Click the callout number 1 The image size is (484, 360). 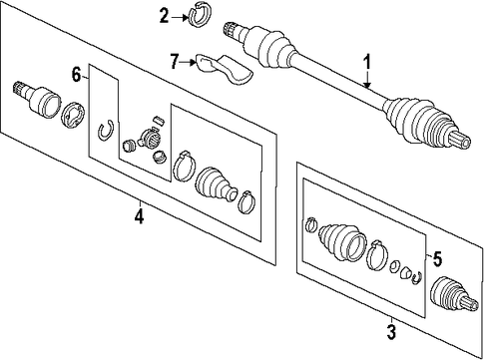366,63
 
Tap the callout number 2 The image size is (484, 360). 164,16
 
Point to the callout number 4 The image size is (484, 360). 140,216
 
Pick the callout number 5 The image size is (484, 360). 437,259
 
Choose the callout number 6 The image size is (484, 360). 77,75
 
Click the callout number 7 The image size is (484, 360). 175,61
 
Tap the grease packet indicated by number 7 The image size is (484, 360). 224,68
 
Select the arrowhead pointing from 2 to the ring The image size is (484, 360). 186,17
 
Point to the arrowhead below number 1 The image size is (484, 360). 367,85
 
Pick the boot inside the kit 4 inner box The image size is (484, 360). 217,183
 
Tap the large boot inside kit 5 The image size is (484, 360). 342,241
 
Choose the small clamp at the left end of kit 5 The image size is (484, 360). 310,224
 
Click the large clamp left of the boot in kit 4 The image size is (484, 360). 185,167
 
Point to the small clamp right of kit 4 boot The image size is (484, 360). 246,201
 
